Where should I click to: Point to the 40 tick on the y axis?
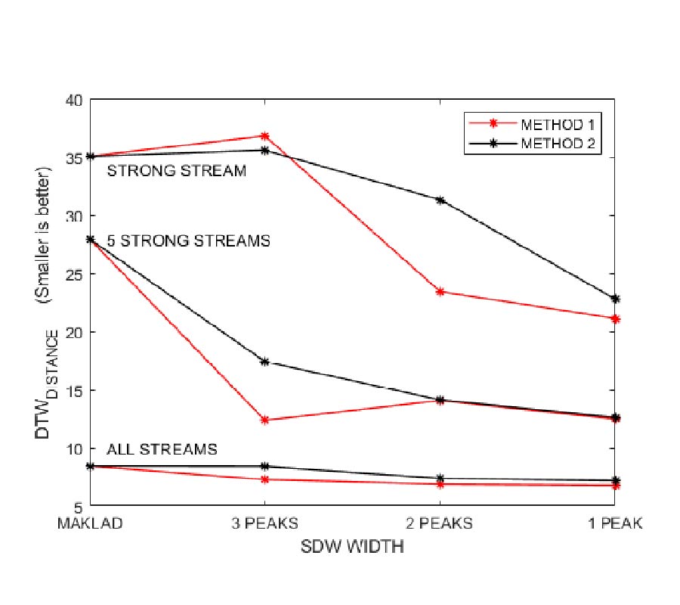[77, 99]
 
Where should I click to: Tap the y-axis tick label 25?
[77, 274]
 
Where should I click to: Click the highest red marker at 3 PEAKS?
[264, 136]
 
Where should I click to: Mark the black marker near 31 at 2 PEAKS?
[440, 200]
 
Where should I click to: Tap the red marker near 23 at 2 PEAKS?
[440, 291]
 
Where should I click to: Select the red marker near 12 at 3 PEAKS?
[264, 420]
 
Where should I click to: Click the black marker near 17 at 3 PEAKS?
[264, 362]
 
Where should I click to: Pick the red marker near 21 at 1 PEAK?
[615, 319]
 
